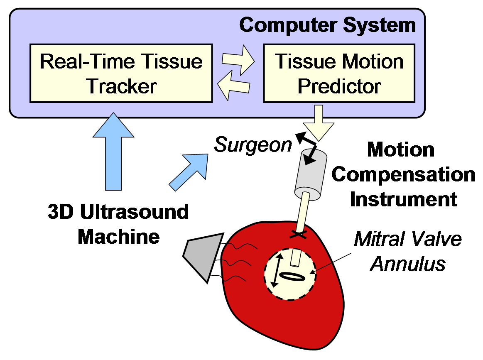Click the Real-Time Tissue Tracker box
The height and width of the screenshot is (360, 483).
coord(121,73)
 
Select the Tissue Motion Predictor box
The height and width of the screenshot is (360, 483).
coord(339,73)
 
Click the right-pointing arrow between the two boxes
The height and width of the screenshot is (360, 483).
coord(238,60)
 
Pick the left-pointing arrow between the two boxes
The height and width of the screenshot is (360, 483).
coord(233,85)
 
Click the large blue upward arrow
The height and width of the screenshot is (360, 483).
coord(113,152)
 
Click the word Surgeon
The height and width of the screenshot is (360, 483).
coord(253,145)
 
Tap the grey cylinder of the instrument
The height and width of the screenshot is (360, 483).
coord(311,175)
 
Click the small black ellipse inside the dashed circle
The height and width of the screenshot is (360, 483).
coord(292,277)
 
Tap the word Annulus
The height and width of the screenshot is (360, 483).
coord(408,264)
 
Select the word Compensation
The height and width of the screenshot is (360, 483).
coord(404,175)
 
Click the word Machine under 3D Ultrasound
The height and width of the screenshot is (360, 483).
coord(119,237)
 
